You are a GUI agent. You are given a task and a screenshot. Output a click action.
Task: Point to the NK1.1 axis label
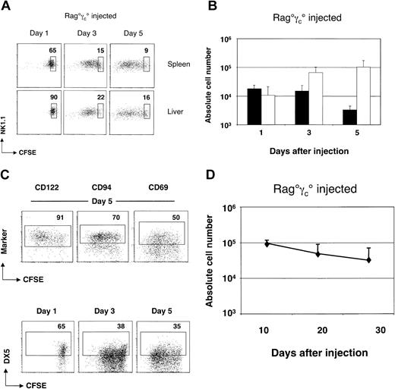coord(6,119)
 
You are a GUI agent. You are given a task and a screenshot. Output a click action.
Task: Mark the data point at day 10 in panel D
coord(267,243)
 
